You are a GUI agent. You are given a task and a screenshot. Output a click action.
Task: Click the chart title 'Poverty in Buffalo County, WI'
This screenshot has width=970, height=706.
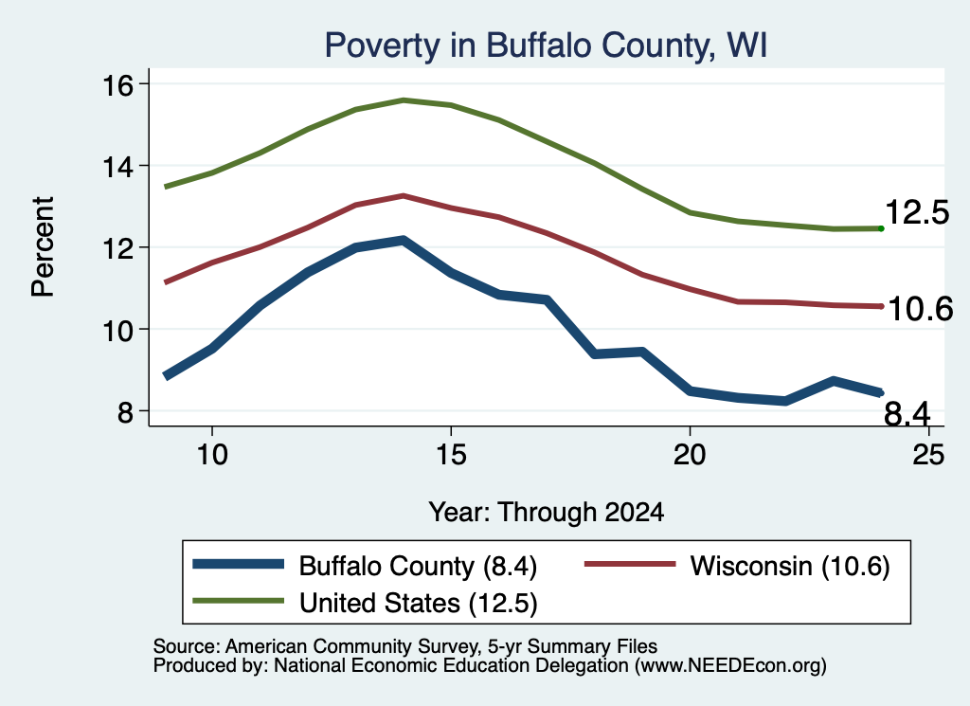pyautogui.click(x=546, y=45)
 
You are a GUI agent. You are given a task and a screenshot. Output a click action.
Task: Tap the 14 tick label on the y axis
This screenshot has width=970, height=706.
pyautogui.click(x=117, y=167)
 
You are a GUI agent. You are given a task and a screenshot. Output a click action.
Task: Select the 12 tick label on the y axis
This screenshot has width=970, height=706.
pyautogui.click(x=117, y=248)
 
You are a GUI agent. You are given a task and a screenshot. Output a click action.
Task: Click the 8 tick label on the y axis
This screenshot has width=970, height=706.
pyautogui.click(x=125, y=411)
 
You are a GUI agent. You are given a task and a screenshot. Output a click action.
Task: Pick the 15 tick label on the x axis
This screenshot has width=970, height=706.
pyautogui.click(x=451, y=455)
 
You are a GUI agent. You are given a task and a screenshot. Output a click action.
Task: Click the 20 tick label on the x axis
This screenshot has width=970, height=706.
pyautogui.click(x=690, y=455)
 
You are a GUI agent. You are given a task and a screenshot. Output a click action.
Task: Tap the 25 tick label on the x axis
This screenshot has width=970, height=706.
pyautogui.click(x=928, y=455)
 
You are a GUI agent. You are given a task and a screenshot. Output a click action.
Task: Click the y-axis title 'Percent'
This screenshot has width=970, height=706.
pyautogui.click(x=43, y=247)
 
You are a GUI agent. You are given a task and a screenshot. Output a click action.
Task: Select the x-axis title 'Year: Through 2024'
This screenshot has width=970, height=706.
pyautogui.click(x=547, y=513)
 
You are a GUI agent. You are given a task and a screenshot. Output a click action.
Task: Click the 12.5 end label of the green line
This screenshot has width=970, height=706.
pyautogui.click(x=917, y=212)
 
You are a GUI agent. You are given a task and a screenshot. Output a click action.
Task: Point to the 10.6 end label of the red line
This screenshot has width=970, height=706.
pyautogui.click(x=921, y=309)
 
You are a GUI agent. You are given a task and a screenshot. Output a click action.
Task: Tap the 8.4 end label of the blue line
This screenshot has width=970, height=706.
pyautogui.click(x=907, y=413)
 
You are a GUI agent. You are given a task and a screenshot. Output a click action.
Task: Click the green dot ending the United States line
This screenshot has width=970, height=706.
pyautogui.click(x=881, y=229)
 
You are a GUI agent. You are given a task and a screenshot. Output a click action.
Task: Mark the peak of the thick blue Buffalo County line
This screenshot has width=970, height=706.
pyautogui.click(x=404, y=240)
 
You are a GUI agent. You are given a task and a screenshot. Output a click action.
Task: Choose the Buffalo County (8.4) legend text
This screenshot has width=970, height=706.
pyautogui.click(x=418, y=566)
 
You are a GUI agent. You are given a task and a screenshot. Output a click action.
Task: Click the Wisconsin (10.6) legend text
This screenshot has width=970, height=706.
pyautogui.click(x=790, y=566)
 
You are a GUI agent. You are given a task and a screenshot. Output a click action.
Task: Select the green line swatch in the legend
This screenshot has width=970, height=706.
pyautogui.click(x=238, y=601)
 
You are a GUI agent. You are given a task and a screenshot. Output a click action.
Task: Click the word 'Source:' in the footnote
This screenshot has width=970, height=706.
pyautogui.click(x=187, y=646)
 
